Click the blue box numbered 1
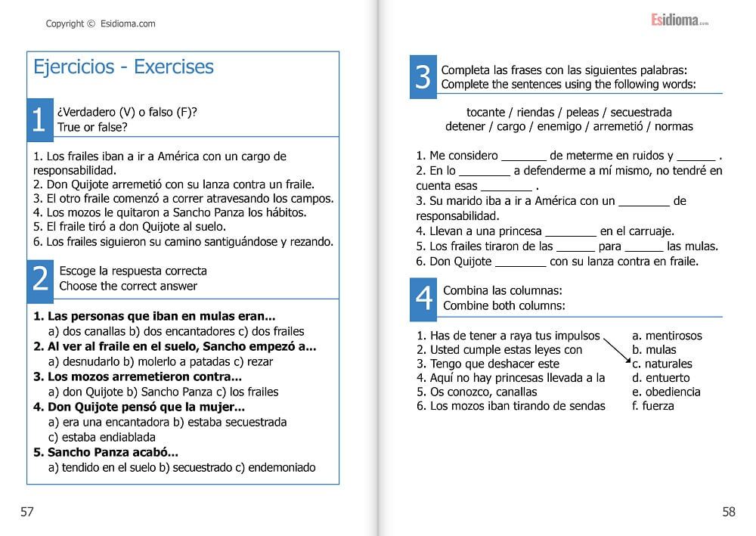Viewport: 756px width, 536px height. click(x=39, y=119)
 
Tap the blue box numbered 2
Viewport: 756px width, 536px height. click(x=41, y=278)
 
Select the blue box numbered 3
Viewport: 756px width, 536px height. click(x=423, y=76)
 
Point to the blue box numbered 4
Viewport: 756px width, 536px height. click(x=424, y=298)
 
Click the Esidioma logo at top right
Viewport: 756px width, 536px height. click(x=680, y=20)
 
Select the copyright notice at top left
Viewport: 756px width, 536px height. click(x=101, y=23)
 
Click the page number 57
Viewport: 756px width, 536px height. click(x=27, y=512)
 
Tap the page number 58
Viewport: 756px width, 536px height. click(x=728, y=512)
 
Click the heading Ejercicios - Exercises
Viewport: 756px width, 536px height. click(x=123, y=67)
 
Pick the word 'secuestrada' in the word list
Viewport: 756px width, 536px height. click(x=641, y=113)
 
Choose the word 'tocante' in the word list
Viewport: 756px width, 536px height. click(x=486, y=113)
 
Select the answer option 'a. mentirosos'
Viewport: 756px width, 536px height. click(x=667, y=336)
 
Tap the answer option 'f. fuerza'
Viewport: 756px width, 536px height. click(x=652, y=406)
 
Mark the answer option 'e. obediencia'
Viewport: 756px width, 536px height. click(x=666, y=392)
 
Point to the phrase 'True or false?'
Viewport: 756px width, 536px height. click(x=92, y=127)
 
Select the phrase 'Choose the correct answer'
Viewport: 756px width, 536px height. click(x=128, y=286)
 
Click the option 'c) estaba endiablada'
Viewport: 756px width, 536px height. click(x=101, y=437)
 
